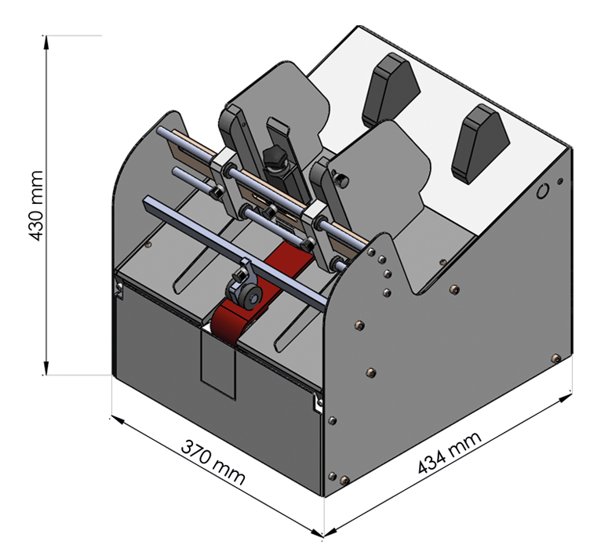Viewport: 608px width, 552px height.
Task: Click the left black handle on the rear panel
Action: tap(386, 93)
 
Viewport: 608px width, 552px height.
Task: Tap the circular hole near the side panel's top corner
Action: tap(542, 191)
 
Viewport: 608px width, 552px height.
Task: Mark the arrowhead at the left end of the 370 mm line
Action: tap(116, 419)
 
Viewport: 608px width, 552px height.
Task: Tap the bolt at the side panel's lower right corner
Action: tap(555, 358)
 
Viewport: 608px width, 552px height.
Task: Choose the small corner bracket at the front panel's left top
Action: tap(118, 289)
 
